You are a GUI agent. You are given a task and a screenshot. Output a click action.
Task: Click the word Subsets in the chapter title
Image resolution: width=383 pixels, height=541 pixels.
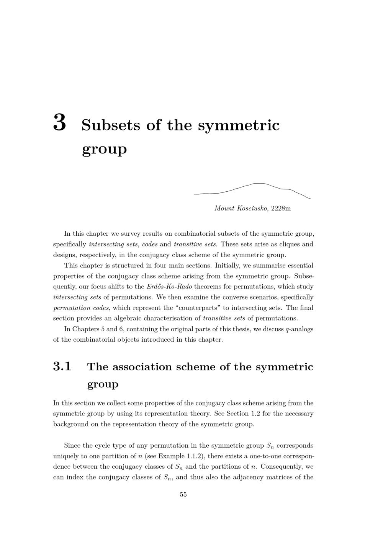click(111, 125)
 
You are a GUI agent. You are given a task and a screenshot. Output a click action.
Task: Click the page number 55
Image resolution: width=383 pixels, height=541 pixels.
click(183, 495)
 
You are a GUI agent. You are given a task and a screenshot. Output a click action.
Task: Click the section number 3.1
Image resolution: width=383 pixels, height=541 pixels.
click(62, 367)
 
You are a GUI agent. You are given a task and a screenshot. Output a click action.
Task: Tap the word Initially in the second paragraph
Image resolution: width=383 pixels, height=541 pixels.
click(228, 266)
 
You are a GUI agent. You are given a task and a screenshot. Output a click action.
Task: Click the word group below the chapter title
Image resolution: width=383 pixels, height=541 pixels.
click(104, 149)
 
